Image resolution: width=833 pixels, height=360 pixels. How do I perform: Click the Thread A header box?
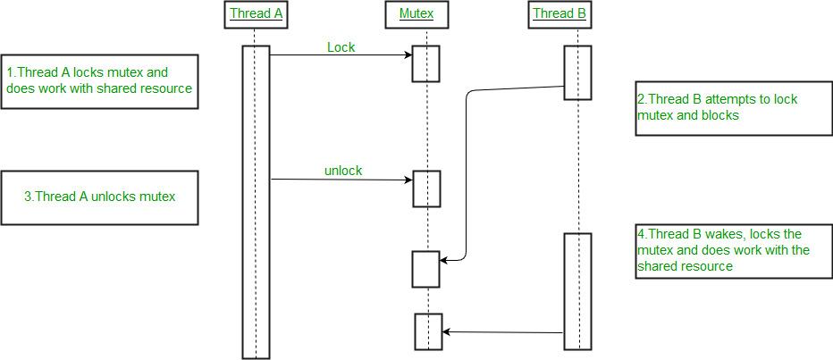click(256, 14)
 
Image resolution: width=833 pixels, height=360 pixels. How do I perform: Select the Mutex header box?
click(416, 14)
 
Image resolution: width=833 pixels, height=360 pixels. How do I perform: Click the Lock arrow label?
click(341, 46)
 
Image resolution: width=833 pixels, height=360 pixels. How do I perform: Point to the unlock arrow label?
click(343, 170)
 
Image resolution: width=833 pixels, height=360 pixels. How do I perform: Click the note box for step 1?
click(99, 81)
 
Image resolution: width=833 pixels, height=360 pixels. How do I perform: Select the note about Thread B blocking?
click(729, 108)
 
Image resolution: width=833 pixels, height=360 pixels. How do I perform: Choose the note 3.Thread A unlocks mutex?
click(99, 197)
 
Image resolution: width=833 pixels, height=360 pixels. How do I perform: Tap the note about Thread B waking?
click(729, 250)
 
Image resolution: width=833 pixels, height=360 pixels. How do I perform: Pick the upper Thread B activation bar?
click(577, 72)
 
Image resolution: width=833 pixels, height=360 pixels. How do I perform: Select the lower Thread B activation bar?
click(577, 290)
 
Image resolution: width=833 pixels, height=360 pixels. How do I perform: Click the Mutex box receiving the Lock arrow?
click(425, 64)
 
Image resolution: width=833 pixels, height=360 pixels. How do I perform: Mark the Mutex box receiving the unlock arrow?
click(426, 188)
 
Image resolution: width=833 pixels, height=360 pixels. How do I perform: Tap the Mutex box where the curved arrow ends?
click(425, 269)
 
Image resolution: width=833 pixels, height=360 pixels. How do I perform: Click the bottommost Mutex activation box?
click(428, 331)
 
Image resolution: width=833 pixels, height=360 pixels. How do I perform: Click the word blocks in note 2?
click(719, 116)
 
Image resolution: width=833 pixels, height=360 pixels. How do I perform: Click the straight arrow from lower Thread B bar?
click(502, 332)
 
